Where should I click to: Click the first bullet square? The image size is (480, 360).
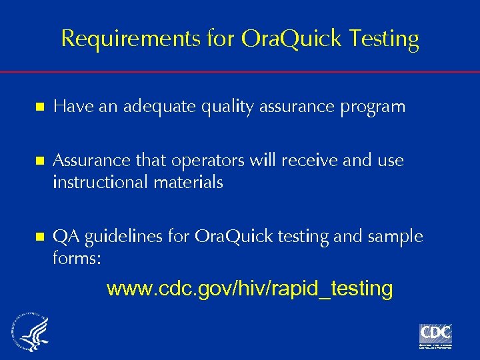coord(40,107)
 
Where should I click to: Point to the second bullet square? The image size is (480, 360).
coord(40,161)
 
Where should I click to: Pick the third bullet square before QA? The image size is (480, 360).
coord(40,237)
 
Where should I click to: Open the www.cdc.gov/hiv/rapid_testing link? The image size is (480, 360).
coord(249,289)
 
